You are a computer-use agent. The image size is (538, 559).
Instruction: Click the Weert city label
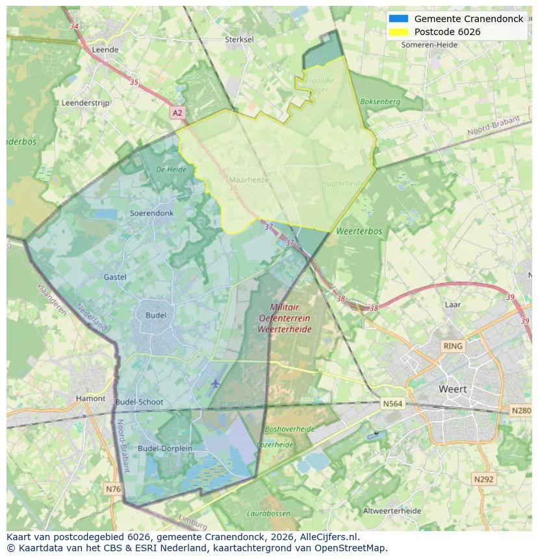tap(452, 390)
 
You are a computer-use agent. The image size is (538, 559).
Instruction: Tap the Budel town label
tap(156, 316)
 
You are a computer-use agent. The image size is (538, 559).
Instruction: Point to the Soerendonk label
tap(151, 213)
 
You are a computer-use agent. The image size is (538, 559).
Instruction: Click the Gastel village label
tap(115, 277)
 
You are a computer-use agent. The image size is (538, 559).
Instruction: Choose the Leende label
tap(105, 49)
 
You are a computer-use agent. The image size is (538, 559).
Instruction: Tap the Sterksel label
tap(239, 40)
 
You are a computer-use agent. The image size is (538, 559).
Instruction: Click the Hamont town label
tap(90, 399)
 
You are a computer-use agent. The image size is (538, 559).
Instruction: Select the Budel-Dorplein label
tap(164, 449)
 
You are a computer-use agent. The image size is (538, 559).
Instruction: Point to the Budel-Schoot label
tap(139, 403)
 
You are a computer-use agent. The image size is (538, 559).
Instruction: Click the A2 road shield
tap(177, 113)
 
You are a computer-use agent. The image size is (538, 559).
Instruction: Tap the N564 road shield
tap(392, 404)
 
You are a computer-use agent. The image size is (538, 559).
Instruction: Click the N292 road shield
tap(483, 479)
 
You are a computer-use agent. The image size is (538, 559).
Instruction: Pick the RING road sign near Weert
tap(452, 346)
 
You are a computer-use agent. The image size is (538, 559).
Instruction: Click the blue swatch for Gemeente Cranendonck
tap(398, 19)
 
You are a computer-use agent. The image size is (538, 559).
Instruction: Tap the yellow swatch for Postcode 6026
tap(398, 32)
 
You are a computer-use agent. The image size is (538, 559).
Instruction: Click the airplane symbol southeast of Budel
tap(215, 384)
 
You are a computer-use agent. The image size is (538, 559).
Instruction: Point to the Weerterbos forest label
tap(359, 231)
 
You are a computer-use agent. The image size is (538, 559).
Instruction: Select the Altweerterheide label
tap(392, 511)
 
